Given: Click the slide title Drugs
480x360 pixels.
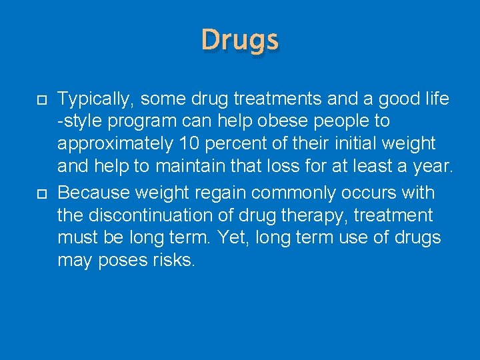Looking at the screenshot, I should point(240,40).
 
